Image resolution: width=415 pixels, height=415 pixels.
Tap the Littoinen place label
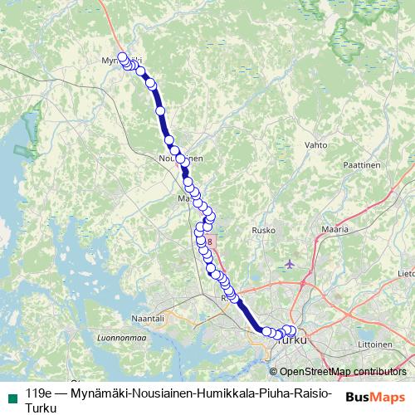[x=375, y=344]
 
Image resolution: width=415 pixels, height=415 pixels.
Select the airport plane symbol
[x=289, y=264]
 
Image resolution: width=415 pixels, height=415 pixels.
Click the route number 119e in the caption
[x=39, y=393]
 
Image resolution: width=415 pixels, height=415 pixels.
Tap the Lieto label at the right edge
[x=406, y=272]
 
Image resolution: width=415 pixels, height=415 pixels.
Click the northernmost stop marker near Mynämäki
[x=123, y=56]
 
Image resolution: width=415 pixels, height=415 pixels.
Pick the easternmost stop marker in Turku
[x=290, y=330]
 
